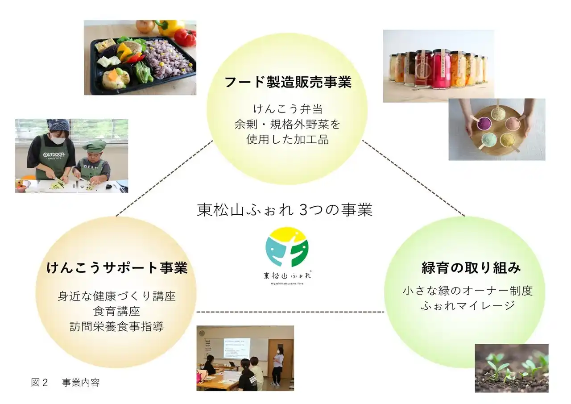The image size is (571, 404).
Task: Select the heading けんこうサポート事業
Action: click(x=117, y=268)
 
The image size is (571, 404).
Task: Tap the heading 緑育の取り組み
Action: click(x=471, y=268)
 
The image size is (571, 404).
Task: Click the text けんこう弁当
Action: click(x=287, y=108)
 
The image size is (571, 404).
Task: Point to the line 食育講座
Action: click(x=117, y=311)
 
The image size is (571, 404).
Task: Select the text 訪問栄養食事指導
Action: click(x=117, y=327)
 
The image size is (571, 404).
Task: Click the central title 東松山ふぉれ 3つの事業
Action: click(x=285, y=210)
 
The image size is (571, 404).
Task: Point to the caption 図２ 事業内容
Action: click(x=65, y=383)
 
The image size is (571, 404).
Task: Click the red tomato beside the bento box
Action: click(x=185, y=37)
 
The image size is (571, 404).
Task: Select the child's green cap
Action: click(x=94, y=146)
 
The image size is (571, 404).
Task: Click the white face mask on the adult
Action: click(x=58, y=140)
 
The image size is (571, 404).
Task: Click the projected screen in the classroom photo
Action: click(x=236, y=348)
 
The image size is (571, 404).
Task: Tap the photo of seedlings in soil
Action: click(x=511, y=368)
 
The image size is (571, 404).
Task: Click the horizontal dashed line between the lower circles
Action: click(x=290, y=312)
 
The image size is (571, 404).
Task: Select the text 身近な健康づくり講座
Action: click(x=117, y=296)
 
